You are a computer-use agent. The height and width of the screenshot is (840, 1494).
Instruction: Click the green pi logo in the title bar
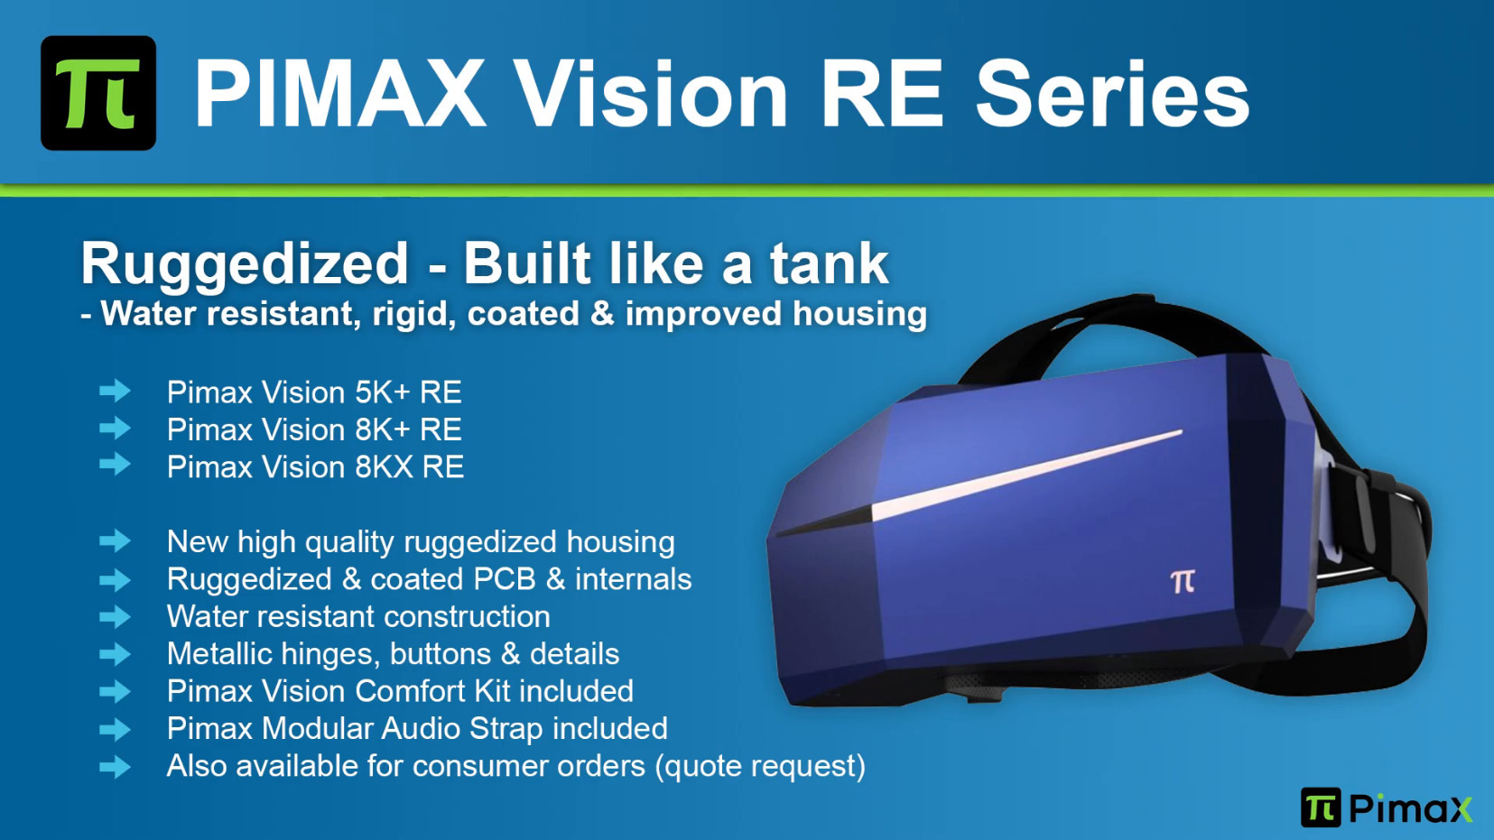(98, 93)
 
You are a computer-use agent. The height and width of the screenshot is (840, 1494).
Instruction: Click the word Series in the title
(1112, 94)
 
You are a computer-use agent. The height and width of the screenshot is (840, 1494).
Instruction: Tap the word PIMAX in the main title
(340, 93)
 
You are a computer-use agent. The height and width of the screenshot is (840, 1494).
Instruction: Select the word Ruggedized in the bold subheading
(244, 265)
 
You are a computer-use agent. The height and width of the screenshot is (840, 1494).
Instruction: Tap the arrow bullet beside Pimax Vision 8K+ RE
(115, 428)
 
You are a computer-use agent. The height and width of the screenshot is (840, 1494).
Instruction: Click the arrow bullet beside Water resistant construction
(115, 616)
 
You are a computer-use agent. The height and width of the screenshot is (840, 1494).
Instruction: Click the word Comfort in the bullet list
(410, 690)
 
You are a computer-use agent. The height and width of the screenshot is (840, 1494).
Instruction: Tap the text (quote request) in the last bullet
(760, 767)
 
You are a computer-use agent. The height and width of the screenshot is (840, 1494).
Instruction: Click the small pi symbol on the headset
(1183, 581)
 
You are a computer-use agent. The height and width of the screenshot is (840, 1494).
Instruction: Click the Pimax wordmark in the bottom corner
(1410, 808)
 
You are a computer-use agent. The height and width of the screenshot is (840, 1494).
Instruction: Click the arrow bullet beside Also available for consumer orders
(115, 766)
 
